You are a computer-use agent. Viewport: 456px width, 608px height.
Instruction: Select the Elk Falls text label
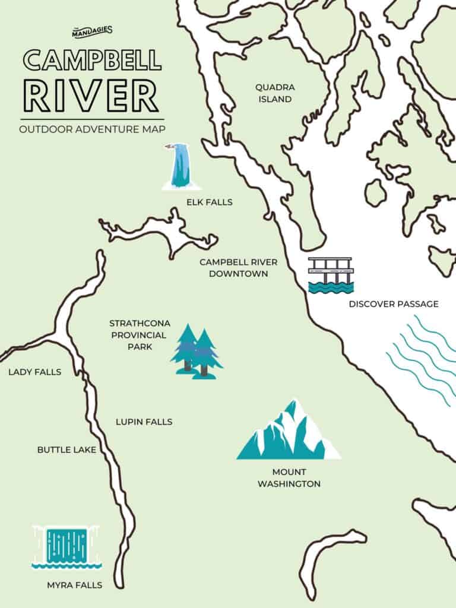pos(209,202)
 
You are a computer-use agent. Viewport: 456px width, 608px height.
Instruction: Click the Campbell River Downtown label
pos(233,268)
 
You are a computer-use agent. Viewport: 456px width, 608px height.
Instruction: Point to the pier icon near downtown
pos(331,275)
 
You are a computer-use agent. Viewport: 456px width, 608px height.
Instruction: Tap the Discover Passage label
pos(394,304)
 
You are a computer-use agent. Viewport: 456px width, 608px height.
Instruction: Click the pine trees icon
pos(196,351)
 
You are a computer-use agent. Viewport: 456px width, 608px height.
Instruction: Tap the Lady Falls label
pos(34,372)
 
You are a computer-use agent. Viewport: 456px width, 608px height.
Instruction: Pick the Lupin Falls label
pos(144,422)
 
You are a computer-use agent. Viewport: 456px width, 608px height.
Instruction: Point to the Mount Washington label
pos(289,478)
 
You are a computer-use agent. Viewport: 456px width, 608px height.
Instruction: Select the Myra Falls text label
pos(74,585)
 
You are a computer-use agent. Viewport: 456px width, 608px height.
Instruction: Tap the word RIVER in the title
pos(90,97)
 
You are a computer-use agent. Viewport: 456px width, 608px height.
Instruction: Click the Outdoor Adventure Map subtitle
pos(91,129)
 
